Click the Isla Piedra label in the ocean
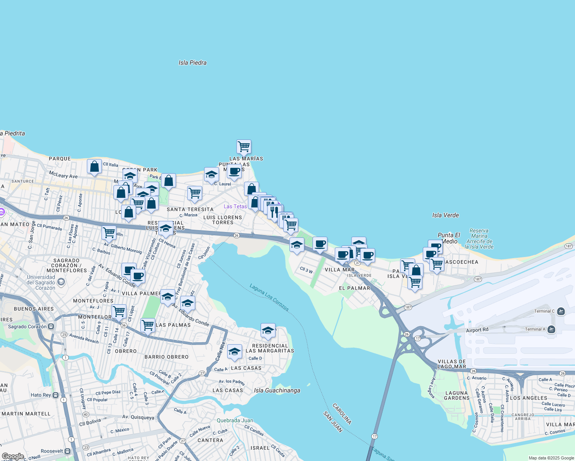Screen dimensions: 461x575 pos(193,63)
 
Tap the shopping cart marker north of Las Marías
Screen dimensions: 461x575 pos(244,146)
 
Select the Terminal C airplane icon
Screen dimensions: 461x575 pos(561,311)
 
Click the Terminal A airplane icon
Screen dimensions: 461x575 pos(552,329)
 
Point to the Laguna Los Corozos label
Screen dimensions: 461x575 pos(269,297)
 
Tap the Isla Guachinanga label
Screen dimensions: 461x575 pos(277,390)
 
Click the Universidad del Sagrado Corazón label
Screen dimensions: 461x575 pos(41,282)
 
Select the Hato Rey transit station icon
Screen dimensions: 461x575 pos(56,395)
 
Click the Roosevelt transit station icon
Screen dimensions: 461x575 pos(68,451)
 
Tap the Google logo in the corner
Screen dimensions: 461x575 pos(13,456)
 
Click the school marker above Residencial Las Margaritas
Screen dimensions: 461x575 pos(268,330)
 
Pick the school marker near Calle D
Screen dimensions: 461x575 pos(234,351)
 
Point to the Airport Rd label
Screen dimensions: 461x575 pos(477,330)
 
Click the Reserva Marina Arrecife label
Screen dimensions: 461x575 pos(479,239)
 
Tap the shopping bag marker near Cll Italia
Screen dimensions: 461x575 pos(94,166)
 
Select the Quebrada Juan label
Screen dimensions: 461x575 pos(235,420)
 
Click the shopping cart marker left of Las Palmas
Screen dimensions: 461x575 pos(148,325)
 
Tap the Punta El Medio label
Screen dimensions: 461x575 pos(449,238)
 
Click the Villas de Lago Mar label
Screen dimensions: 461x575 pos(452,364)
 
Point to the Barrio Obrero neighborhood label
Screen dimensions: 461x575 pos(166,357)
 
